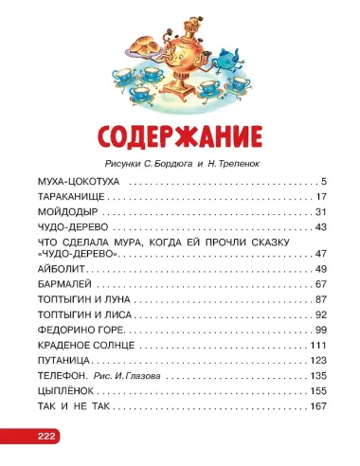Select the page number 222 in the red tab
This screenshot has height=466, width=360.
coord(21,436)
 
